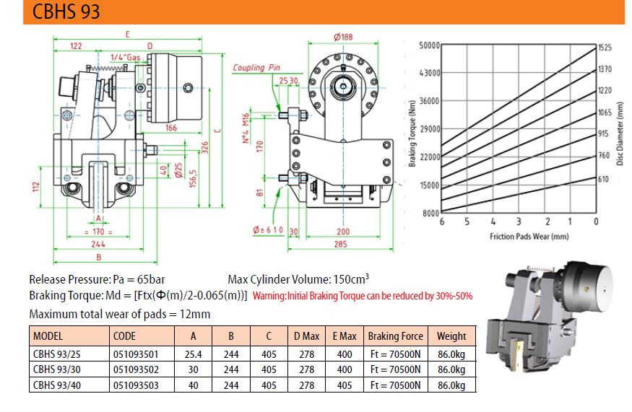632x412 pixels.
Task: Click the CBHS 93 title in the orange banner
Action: pyautogui.click(x=66, y=12)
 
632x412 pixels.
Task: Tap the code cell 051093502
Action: pyautogui.click(x=136, y=369)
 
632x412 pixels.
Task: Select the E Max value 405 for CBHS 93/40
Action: pyautogui.click(x=345, y=385)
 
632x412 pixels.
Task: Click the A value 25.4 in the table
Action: pyautogui.click(x=193, y=354)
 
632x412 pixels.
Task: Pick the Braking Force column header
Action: pyautogui.click(x=395, y=336)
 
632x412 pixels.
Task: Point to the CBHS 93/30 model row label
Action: pyautogui.click(x=57, y=369)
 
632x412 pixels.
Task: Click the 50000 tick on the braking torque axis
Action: pyautogui.click(x=429, y=45)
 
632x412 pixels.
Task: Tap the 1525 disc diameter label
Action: pyautogui.click(x=605, y=48)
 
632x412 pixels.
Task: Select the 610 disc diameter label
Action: pyautogui.click(x=603, y=179)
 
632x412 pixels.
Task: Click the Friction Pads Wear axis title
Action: pyautogui.click(x=529, y=237)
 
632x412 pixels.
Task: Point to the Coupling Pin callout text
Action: pyautogui.click(x=256, y=68)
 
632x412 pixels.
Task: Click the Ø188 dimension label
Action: pyautogui.click(x=343, y=37)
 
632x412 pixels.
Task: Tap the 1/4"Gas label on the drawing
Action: pyautogui.click(x=126, y=58)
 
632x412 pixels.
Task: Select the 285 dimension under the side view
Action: pyautogui.click(x=341, y=244)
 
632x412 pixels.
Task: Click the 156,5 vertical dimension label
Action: pyautogui.click(x=193, y=178)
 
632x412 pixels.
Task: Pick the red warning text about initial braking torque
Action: pyautogui.click(x=363, y=296)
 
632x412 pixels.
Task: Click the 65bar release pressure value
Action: pyautogui.click(x=151, y=279)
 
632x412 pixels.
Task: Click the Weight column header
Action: pyautogui.click(x=451, y=336)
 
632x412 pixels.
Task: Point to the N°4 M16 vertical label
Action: pyautogui.click(x=246, y=128)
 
